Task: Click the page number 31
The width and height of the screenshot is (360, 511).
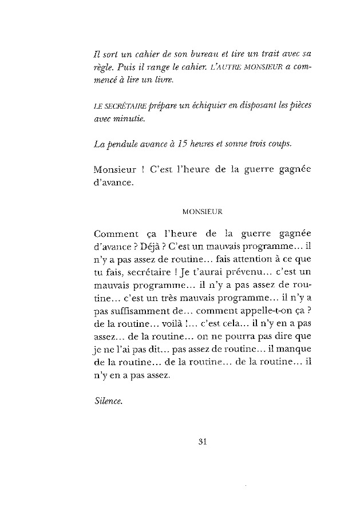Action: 200,441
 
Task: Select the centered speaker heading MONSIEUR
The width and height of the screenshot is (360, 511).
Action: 202,211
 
